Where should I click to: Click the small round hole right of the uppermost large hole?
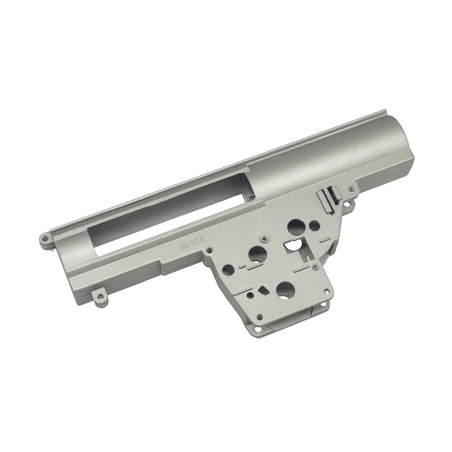(x=315, y=225)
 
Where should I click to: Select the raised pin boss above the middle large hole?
(x=264, y=238)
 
